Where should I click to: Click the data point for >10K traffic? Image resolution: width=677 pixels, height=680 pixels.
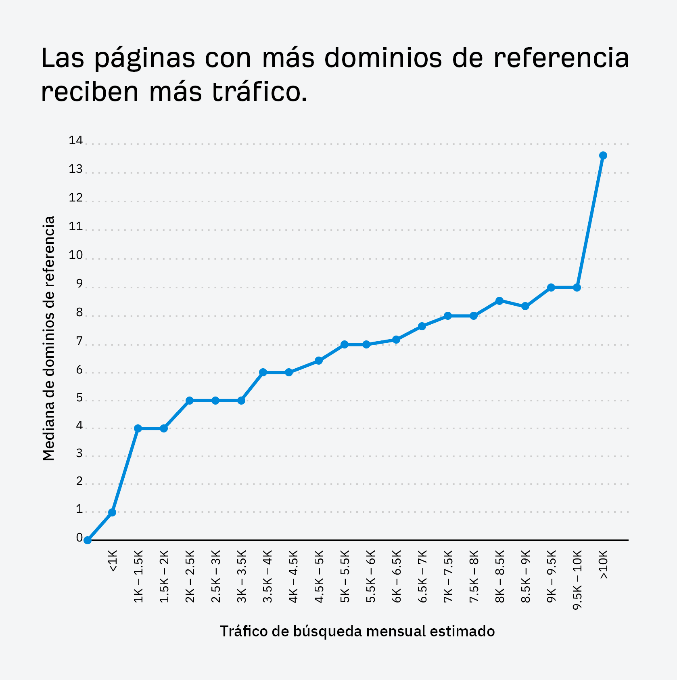pyautogui.click(x=603, y=155)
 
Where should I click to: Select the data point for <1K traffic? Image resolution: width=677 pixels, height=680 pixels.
pyautogui.click(x=112, y=512)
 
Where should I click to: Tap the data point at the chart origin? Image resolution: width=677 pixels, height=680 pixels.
pyautogui.click(x=88, y=540)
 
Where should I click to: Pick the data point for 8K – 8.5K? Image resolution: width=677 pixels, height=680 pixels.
pyautogui.click(x=499, y=301)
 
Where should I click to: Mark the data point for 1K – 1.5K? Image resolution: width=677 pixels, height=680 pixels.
pyautogui.click(x=138, y=428)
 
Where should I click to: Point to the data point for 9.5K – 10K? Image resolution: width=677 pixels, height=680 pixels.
pyautogui.click(x=577, y=288)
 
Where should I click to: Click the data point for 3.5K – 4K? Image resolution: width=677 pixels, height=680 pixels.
pyautogui.click(x=263, y=372)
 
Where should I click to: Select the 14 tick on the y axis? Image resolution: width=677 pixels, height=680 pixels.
pyautogui.click(x=76, y=141)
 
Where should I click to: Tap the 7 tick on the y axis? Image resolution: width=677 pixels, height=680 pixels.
pyautogui.click(x=79, y=342)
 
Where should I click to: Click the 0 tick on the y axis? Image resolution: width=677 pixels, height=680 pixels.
pyautogui.click(x=79, y=538)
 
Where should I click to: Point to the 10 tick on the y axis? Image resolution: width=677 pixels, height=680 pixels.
pyautogui.click(x=76, y=255)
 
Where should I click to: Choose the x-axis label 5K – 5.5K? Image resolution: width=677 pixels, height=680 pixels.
pyautogui.click(x=345, y=576)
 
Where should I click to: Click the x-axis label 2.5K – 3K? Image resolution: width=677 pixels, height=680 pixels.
pyautogui.click(x=216, y=576)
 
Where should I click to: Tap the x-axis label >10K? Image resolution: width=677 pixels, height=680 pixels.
pyautogui.click(x=603, y=565)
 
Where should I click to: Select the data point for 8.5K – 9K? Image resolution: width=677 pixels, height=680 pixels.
pyautogui.click(x=525, y=306)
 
